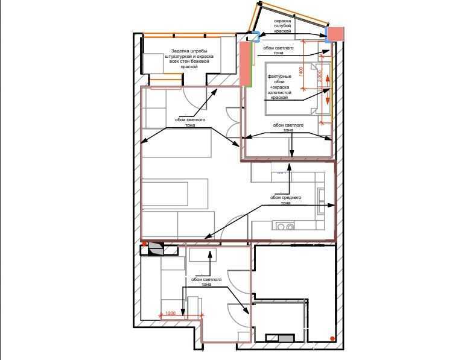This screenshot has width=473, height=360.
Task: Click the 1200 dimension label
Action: (x=171, y=313)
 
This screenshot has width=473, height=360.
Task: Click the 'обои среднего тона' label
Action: (x=285, y=200)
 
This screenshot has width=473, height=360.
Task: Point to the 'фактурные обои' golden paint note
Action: (x=280, y=86)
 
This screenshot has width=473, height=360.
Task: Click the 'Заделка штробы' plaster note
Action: (x=189, y=58)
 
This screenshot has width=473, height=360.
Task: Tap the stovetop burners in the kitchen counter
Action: (x=284, y=227)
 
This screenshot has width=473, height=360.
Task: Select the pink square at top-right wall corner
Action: (x=335, y=34)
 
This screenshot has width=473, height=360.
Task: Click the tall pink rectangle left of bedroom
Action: (x=244, y=63)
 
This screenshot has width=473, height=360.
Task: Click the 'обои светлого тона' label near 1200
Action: (x=206, y=282)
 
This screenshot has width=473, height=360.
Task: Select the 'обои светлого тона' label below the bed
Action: (x=288, y=127)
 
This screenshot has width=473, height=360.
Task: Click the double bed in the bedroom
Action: (x=291, y=87)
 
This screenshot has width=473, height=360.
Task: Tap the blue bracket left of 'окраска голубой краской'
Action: (x=255, y=36)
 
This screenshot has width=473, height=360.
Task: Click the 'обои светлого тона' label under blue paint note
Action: (x=279, y=50)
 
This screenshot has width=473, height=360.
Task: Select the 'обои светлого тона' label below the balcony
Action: (x=190, y=122)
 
